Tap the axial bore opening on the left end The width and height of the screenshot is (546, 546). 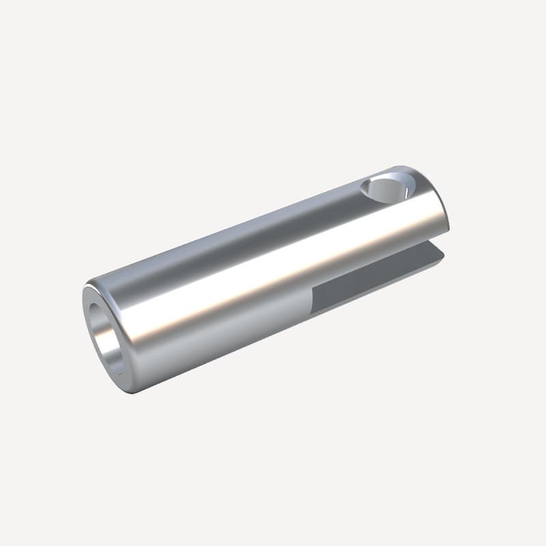(x=105, y=335)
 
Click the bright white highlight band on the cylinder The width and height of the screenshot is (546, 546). (x=273, y=273)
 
